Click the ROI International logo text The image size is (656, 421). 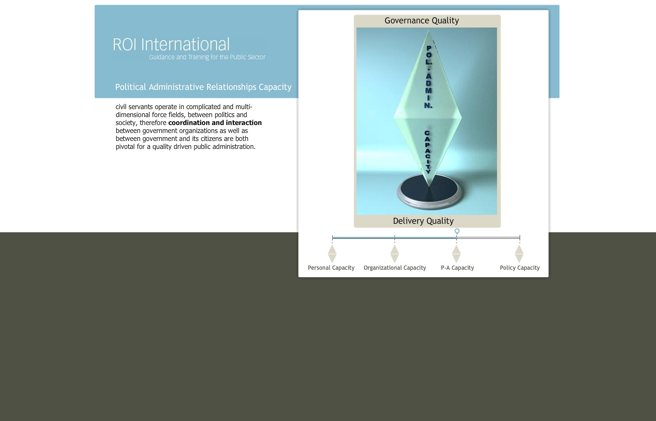(x=171, y=44)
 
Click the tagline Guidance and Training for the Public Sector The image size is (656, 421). (x=207, y=57)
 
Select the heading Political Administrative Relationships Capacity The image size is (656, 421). (x=203, y=87)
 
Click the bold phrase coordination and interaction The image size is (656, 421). (x=215, y=123)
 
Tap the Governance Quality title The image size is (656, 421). (x=422, y=21)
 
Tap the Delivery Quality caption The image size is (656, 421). (x=423, y=221)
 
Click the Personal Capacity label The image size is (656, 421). (x=331, y=268)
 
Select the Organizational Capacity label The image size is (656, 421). (x=395, y=268)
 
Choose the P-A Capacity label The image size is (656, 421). (x=457, y=268)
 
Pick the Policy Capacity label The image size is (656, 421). (x=520, y=268)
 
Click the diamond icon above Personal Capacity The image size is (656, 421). (x=332, y=254)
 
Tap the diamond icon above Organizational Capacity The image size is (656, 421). (x=395, y=254)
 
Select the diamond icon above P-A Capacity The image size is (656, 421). (x=456, y=254)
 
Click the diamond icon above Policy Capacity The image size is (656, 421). (x=519, y=254)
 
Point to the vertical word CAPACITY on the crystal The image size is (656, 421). (x=427, y=152)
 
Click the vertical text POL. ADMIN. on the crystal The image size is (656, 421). (x=428, y=77)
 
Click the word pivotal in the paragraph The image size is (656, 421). (x=125, y=147)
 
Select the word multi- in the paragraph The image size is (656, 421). (x=244, y=107)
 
